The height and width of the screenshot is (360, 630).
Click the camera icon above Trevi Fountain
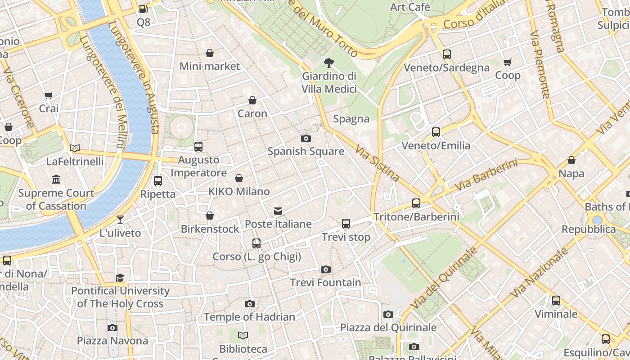pyautogui.click(x=326, y=269)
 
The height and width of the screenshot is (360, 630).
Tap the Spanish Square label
pyautogui.click(x=306, y=151)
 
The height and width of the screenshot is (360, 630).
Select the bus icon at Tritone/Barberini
pyautogui.click(x=416, y=203)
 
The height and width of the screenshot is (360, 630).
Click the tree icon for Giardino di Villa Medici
pyautogui.click(x=329, y=63)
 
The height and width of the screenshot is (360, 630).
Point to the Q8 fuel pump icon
pyautogui.click(x=143, y=9)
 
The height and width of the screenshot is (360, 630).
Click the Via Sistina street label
pyautogui.click(x=377, y=163)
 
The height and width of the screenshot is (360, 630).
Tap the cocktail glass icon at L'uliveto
pyautogui.click(x=120, y=219)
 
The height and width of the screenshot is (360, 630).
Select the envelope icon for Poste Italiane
pyautogui.click(x=278, y=211)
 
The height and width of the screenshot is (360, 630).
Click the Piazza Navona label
pyautogui.click(x=112, y=341)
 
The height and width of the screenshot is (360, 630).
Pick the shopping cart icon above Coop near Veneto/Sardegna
pyautogui.click(x=508, y=62)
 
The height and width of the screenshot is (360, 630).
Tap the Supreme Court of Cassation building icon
pyautogui.click(x=56, y=180)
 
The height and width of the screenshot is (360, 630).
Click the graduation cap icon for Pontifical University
pyautogui.click(x=120, y=278)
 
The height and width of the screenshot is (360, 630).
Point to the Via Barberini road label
pyautogui.click(x=486, y=175)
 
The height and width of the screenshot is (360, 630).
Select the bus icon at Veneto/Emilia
pyautogui.click(x=436, y=132)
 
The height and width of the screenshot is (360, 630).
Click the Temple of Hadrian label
pyautogui.click(x=250, y=317)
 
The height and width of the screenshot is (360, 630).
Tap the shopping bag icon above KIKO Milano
pyautogui.click(x=239, y=178)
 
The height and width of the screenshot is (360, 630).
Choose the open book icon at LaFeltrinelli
pyautogui.click(x=75, y=148)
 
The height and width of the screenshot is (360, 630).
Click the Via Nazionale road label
pyautogui.click(x=540, y=274)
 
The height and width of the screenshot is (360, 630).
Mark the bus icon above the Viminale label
pyautogui.click(x=556, y=300)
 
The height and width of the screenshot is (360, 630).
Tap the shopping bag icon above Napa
pyautogui.click(x=571, y=160)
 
